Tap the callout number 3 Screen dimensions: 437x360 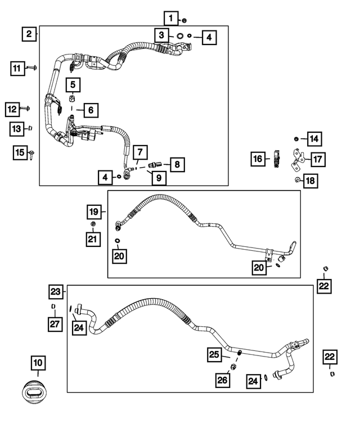tap(161, 35)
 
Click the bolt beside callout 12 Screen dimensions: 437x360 tap(26, 107)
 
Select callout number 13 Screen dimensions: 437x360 tap(17, 129)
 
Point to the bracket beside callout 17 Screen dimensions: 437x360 tap(296, 159)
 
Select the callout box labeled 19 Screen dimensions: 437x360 tap(93, 212)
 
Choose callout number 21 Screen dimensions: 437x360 tap(93, 240)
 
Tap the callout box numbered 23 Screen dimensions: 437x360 tap(55, 292)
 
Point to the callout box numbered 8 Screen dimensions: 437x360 tap(176, 164)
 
